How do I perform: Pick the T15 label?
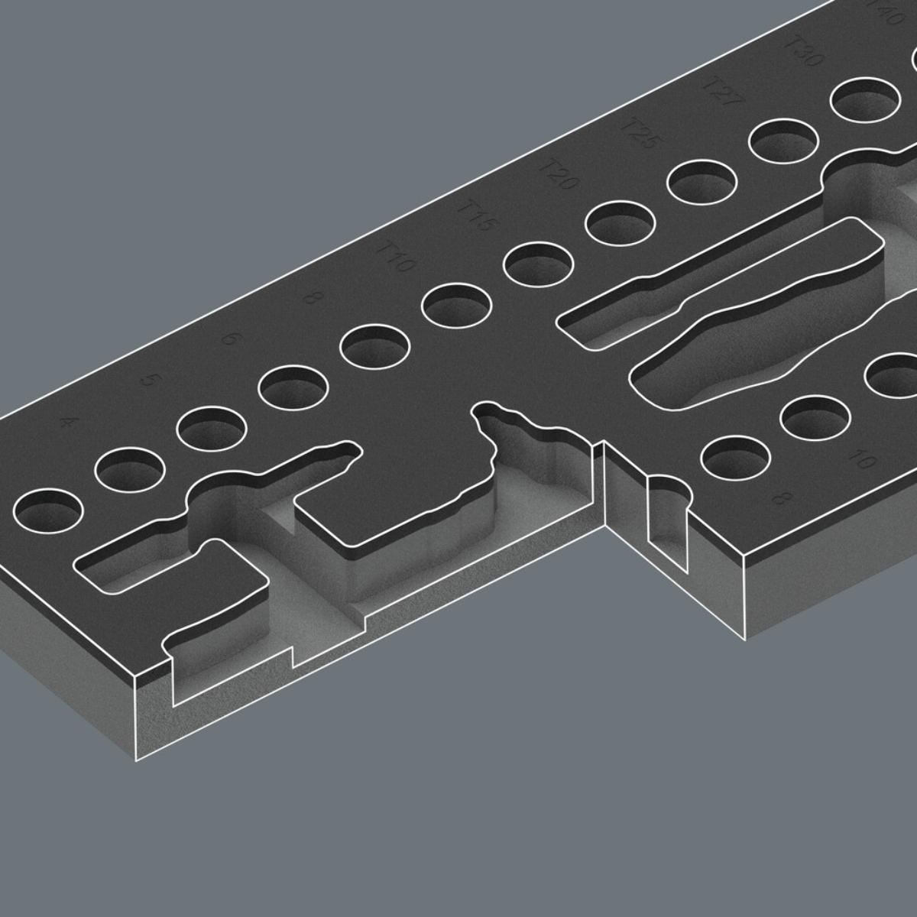click(476, 216)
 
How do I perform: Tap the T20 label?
click(557, 175)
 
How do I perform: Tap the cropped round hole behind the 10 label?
click(894, 374)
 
